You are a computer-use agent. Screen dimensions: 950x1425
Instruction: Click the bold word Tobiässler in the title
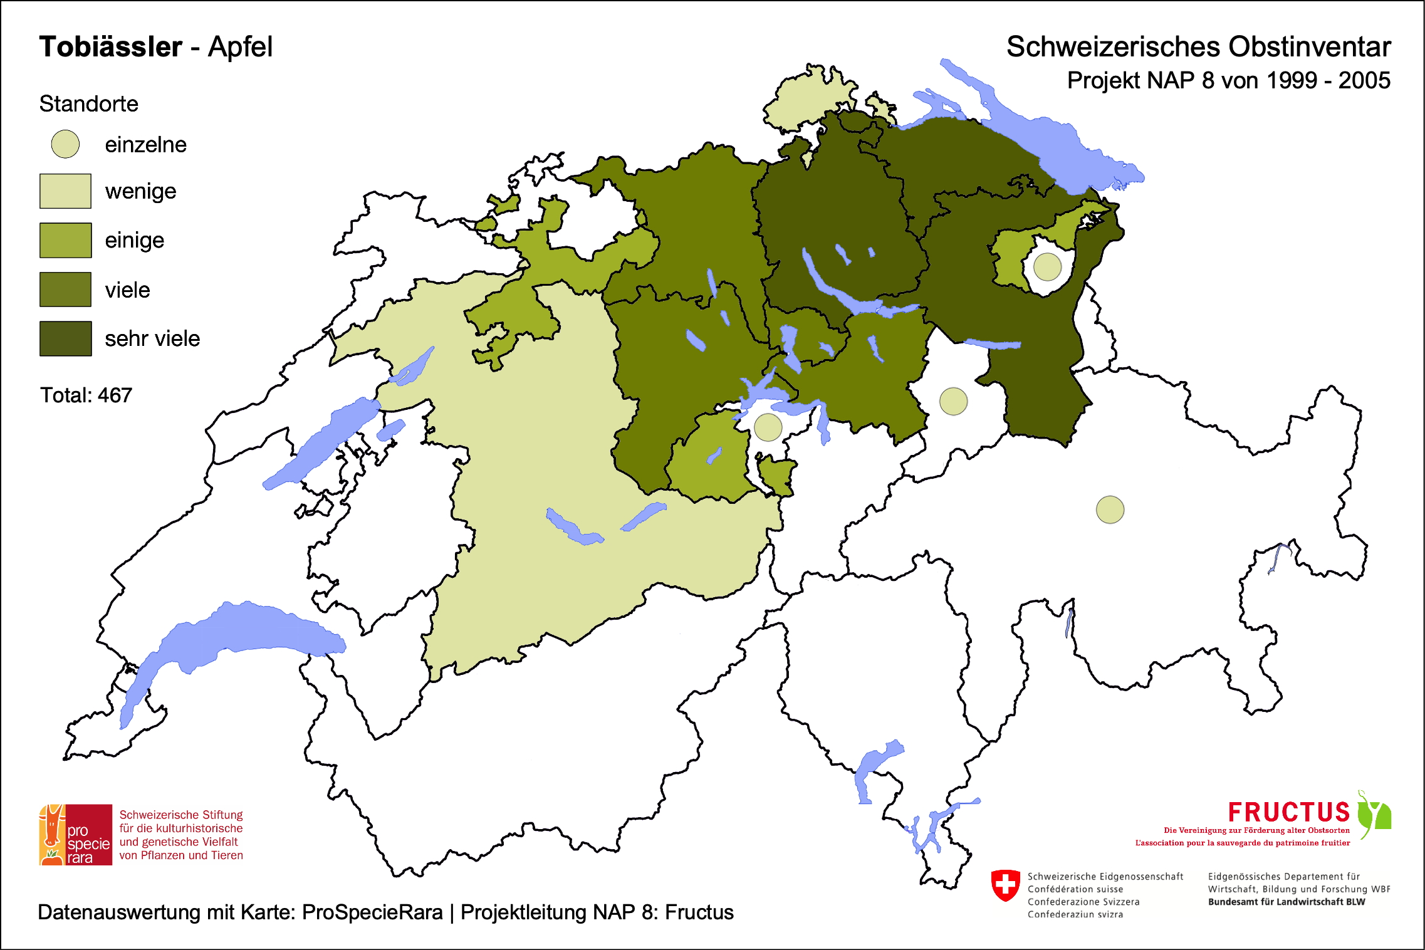pos(111,47)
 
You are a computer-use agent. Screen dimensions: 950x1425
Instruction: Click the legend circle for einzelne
pos(65,144)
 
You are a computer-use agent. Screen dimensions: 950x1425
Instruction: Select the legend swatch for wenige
pos(65,191)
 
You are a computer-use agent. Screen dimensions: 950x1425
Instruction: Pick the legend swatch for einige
pos(65,240)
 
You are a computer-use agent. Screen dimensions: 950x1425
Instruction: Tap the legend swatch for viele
pos(65,290)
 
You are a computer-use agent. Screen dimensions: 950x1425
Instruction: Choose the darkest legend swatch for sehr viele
pos(65,338)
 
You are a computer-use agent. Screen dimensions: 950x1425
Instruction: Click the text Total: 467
pos(86,395)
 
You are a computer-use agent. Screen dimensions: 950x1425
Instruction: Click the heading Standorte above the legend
pos(88,104)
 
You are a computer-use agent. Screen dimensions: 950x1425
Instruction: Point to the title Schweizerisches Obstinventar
pos(1198,47)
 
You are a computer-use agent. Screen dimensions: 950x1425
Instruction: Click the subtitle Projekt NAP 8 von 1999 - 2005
pos(1228,81)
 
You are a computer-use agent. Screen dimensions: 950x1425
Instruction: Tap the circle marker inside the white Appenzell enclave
pos(1047,266)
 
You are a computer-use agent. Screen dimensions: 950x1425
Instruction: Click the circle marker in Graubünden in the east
pos(1110,509)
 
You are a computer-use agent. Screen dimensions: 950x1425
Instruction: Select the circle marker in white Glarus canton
pos(953,401)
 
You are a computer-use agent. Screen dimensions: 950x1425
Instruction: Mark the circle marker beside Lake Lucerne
pos(768,427)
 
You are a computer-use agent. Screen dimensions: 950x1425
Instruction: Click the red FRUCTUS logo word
pos(1288,812)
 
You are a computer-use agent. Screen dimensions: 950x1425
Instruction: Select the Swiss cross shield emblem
pos(1005,885)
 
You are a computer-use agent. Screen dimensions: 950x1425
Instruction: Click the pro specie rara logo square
pos(76,835)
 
